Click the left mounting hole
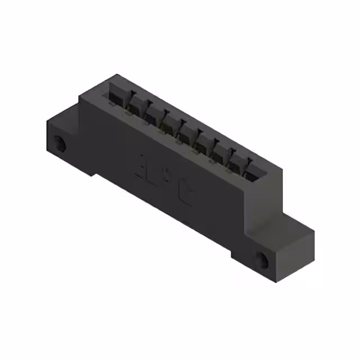[60, 145]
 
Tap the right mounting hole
[262, 259]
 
